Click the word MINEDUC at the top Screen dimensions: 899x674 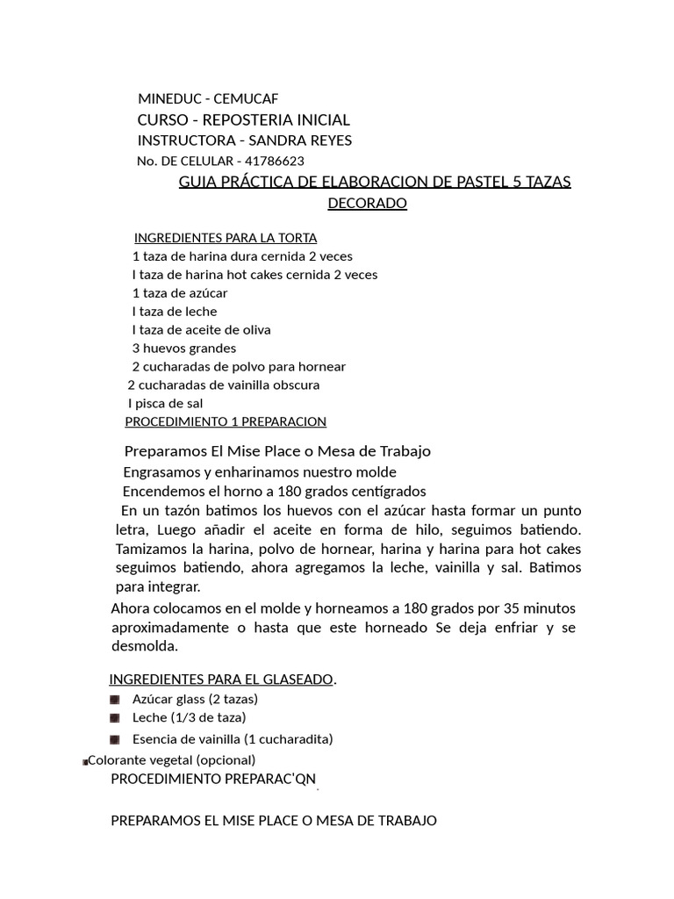167,99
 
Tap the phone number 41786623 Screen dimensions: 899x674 275,162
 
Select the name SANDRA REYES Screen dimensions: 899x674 300,140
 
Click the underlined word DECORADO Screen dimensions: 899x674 367,204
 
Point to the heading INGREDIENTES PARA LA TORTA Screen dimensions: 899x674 226,238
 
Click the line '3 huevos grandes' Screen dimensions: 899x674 184,349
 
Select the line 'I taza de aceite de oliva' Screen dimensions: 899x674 201,330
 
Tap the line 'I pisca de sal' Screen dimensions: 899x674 165,404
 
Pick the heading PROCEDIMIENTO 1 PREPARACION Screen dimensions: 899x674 226,422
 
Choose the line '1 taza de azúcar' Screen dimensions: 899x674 180,293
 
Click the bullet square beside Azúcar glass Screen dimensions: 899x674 115,700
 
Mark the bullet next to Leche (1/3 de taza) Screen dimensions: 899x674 115,718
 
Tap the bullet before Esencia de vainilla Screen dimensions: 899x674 115,739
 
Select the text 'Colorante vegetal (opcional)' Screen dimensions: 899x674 172,760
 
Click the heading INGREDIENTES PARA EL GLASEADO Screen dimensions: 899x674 221,680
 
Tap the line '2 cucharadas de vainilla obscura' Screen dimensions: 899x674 224,385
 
